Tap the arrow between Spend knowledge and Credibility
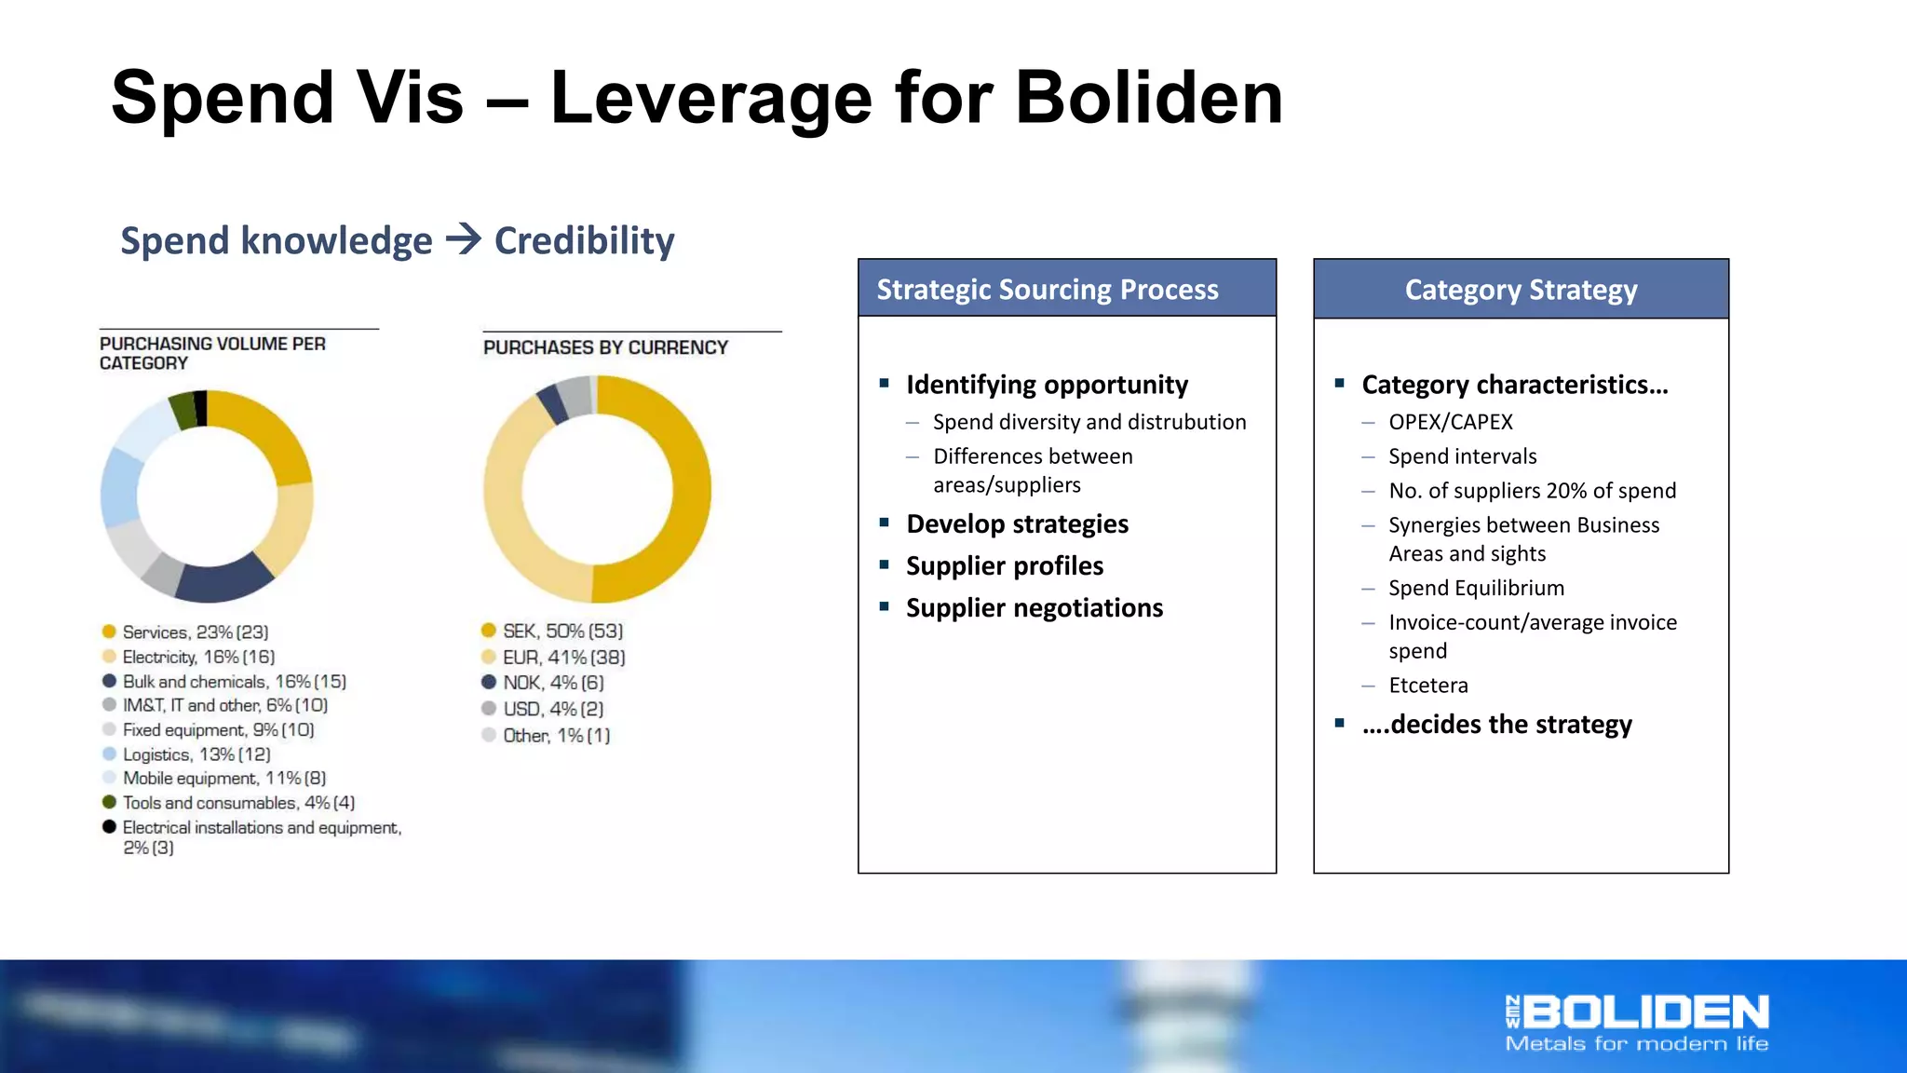click(x=463, y=239)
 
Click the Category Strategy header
click(x=1521, y=290)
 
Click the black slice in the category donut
click(x=201, y=408)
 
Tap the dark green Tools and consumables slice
click(x=183, y=411)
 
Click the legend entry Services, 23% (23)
click(x=195, y=632)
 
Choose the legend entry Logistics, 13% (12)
click(x=196, y=754)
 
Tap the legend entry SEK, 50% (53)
click(x=561, y=632)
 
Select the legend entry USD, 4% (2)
click(x=552, y=709)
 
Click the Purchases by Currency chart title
click(x=605, y=347)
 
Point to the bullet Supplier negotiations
click(x=1034, y=608)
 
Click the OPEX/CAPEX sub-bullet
click(x=1450, y=422)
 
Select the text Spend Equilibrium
click(x=1476, y=589)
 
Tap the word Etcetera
click(x=1427, y=686)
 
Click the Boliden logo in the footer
click(x=1637, y=1023)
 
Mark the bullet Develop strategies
click(x=1017, y=524)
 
